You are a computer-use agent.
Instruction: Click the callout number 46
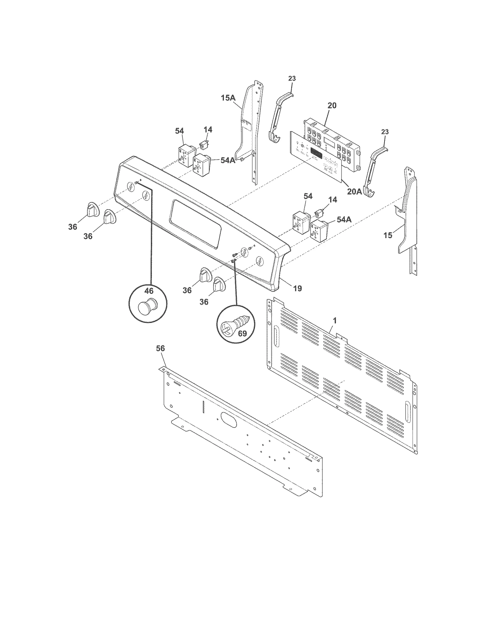[149, 291]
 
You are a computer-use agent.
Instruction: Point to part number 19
[298, 288]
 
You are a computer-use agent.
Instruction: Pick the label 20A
[354, 192]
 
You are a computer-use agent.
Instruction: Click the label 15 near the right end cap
[388, 235]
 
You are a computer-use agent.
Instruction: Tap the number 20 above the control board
[332, 106]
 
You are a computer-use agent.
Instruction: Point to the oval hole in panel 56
[229, 420]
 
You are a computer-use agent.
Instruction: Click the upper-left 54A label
[228, 160]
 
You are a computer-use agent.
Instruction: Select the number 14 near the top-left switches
[208, 130]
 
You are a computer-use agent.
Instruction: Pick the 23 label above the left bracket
[292, 79]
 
